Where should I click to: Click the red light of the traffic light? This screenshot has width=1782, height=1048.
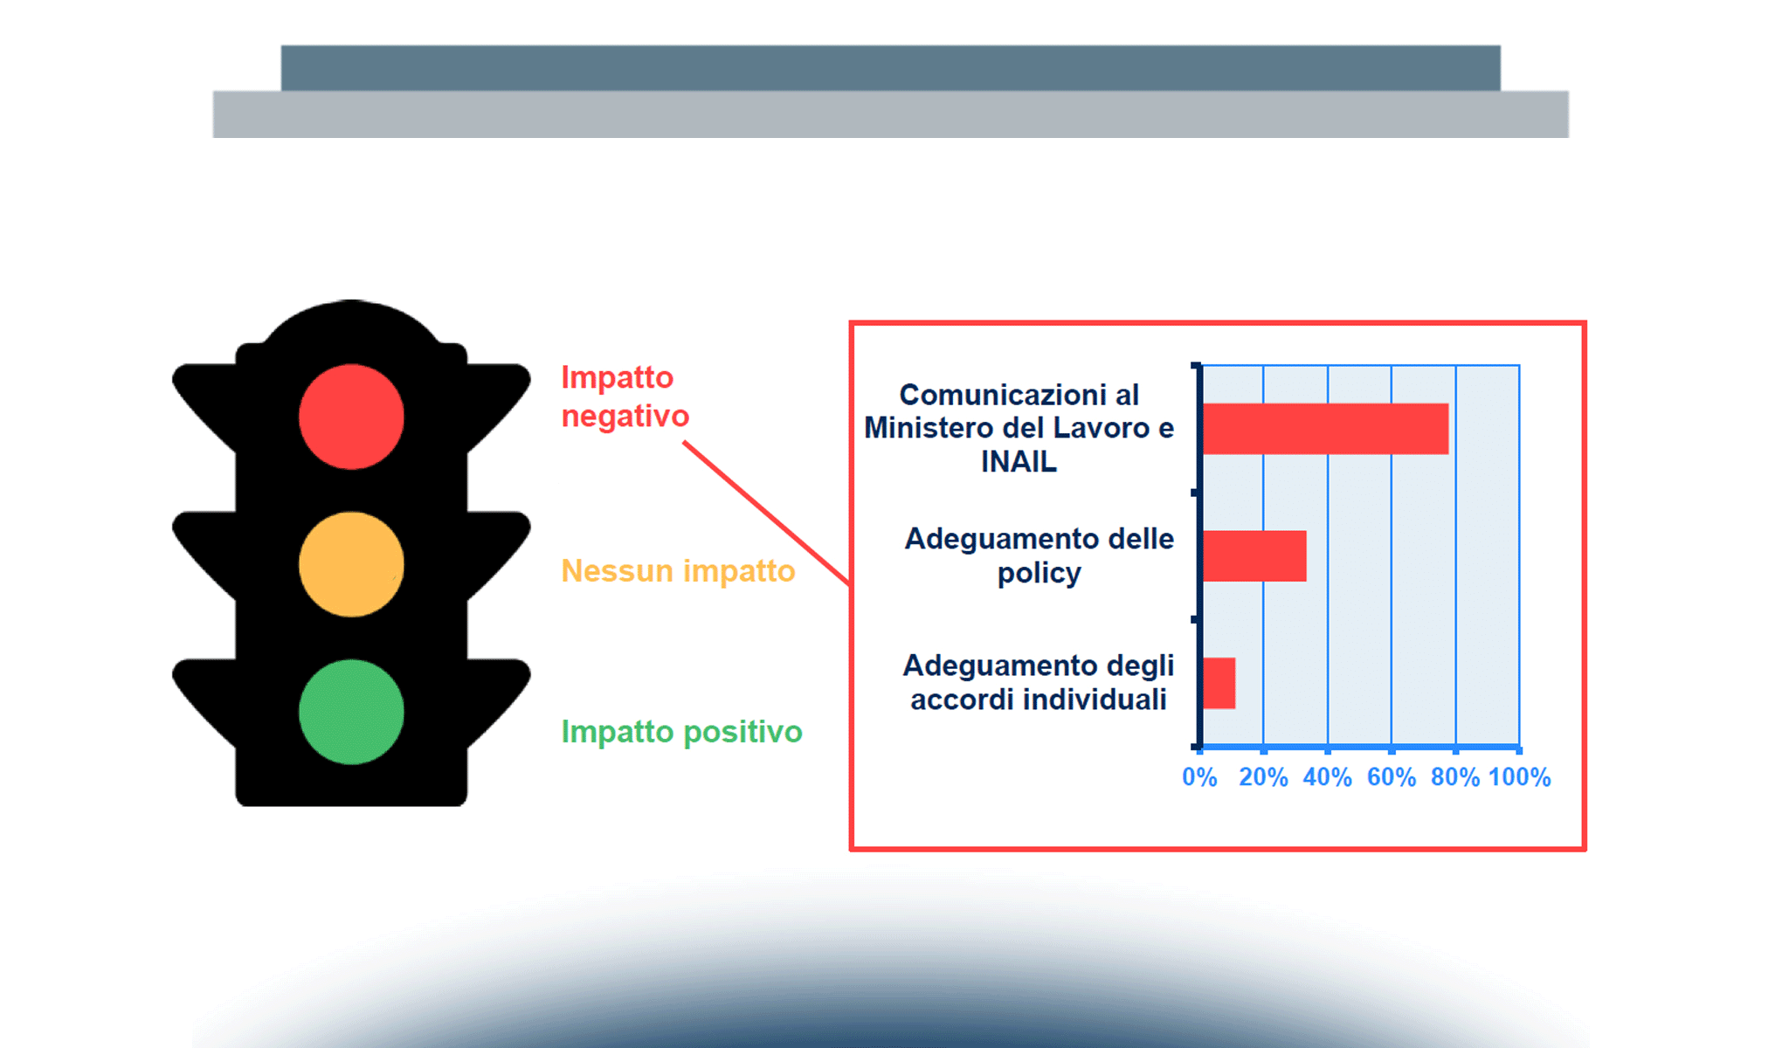point(351,417)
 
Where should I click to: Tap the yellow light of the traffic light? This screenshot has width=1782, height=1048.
point(351,564)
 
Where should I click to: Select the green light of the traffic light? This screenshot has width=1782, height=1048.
point(351,712)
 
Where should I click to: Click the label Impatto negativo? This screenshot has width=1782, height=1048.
point(625,396)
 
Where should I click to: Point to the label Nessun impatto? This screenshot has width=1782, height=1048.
point(678,570)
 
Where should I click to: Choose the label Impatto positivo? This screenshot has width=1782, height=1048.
point(681,732)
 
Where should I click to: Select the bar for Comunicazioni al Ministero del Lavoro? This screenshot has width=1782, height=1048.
point(1326,429)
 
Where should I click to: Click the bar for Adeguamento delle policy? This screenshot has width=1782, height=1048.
point(1255,556)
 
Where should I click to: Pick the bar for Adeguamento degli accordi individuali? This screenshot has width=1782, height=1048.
point(1219,683)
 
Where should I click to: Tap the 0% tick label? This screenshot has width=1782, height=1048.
point(1199,777)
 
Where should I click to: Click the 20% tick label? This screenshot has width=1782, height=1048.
point(1263,777)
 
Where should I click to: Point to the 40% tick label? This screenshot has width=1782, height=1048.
point(1327,777)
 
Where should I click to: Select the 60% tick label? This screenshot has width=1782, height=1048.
point(1392,777)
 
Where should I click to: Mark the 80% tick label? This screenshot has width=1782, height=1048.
point(1455,777)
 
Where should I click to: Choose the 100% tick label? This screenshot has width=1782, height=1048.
point(1520,777)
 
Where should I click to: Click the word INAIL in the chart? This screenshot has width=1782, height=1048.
point(1019,461)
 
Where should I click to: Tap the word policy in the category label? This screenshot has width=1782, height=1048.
point(1039,574)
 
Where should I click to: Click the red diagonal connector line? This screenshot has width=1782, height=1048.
point(767,514)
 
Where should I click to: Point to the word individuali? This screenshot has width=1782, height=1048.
point(1095,700)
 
